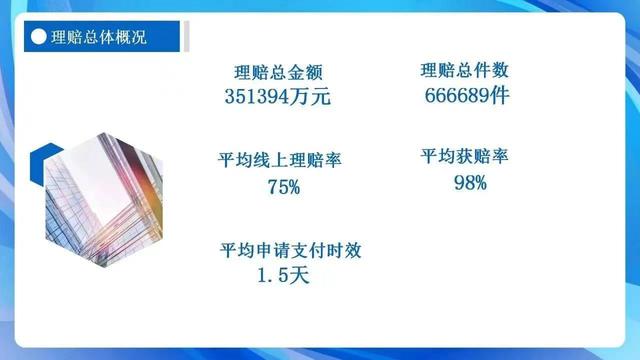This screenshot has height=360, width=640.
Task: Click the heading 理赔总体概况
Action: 97,39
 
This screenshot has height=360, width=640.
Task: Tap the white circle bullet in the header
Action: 38,39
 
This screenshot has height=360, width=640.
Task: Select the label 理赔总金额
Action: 278,72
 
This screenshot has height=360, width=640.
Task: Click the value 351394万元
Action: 278,97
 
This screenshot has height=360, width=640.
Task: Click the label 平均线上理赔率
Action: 278,161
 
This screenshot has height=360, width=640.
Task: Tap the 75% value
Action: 283,186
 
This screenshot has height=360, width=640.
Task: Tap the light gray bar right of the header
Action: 185,39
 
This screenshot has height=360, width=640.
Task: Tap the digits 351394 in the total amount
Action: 261,97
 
